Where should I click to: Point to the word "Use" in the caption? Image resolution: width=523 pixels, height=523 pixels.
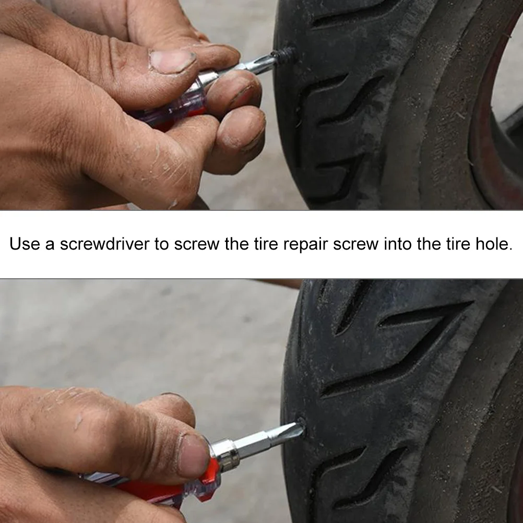tap(25, 244)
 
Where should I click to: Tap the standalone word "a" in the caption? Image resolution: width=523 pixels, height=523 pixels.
tap(50, 244)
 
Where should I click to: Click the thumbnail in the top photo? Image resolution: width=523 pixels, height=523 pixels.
tap(172, 62)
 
